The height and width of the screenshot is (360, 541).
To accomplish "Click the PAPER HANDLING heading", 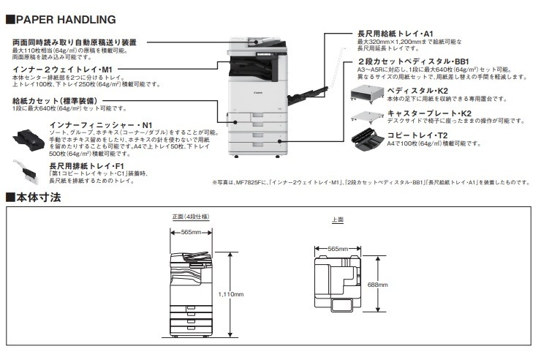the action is click(x=66, y=20).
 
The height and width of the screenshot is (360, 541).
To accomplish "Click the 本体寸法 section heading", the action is click(x=38, y=198).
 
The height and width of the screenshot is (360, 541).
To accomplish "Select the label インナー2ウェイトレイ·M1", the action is click(x=62, y=70).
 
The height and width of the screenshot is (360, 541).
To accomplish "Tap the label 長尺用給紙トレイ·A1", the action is click(x=395, y=34).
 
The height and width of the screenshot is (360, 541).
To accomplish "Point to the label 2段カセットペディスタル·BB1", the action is click(x=413, y=61).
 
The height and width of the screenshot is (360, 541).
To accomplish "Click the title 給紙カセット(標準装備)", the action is click(x=55, y=101).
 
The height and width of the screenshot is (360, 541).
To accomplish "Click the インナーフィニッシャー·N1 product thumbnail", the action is click(x=29, y=140).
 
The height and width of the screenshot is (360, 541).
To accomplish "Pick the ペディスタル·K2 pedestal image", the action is click(x=367, y=94).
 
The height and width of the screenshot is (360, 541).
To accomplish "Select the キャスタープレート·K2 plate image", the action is click(x=367, y=117).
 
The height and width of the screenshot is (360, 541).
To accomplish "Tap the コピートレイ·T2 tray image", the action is click(x=367, y=139).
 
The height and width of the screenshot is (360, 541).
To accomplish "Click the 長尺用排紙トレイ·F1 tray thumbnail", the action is click(x=26, y=171).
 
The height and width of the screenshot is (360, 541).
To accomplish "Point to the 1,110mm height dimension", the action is click(x=231, y=294).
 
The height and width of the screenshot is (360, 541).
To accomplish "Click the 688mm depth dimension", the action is click(x=377, y=285).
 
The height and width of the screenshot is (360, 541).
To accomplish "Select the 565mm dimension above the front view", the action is click(x=191, y=232).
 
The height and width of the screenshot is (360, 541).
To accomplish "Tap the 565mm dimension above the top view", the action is click(x=338, y=249).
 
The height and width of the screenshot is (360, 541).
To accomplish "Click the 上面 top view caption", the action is click(x=338, y=220).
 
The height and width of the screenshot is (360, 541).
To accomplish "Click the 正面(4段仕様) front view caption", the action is click(x=191, y=217).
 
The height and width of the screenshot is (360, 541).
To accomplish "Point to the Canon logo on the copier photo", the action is click(x=258, y=92).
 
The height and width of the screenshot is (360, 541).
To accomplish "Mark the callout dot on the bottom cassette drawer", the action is click(x=279, y=141).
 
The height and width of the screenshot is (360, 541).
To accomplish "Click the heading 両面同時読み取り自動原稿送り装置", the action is click(x=75, y=42).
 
